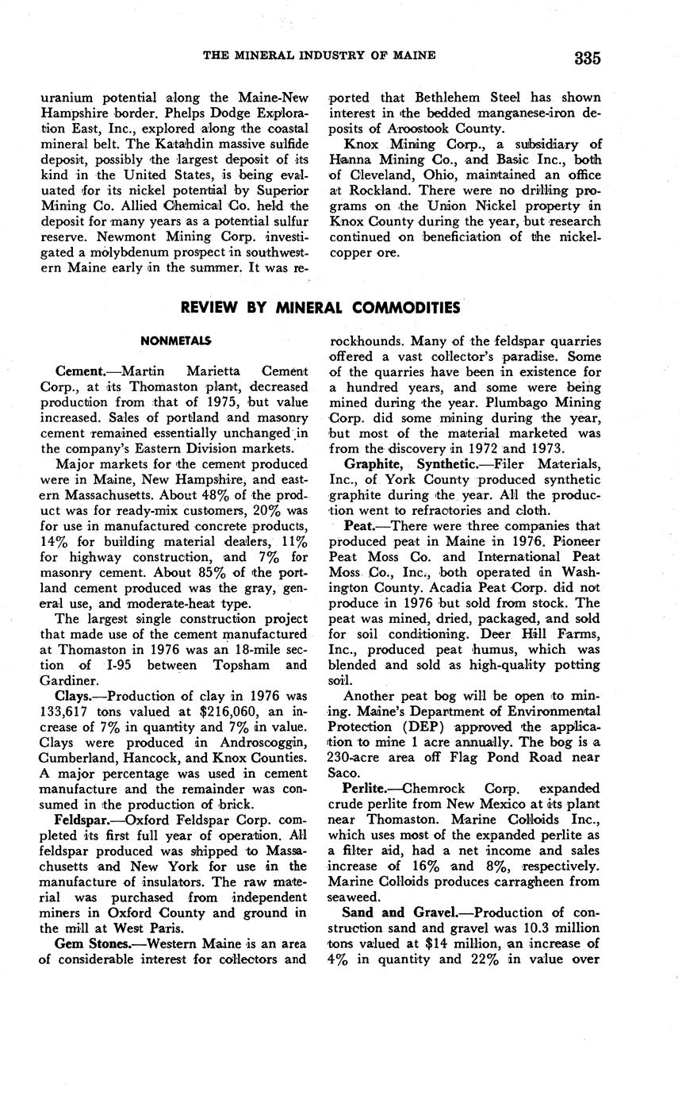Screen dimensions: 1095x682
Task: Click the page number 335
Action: click(x=588, y=58)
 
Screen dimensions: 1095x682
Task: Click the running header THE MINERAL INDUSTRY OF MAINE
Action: click(x=320, y=55)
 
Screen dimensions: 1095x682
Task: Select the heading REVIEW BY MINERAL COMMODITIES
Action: click(x=320, y=307)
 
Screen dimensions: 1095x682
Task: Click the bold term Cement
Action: click(x=80, y=371)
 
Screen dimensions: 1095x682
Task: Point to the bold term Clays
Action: click(x=75, y=696)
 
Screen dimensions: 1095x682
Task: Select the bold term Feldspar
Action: click(x=84, y=819)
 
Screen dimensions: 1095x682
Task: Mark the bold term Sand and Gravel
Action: click(x=393, y=912)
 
